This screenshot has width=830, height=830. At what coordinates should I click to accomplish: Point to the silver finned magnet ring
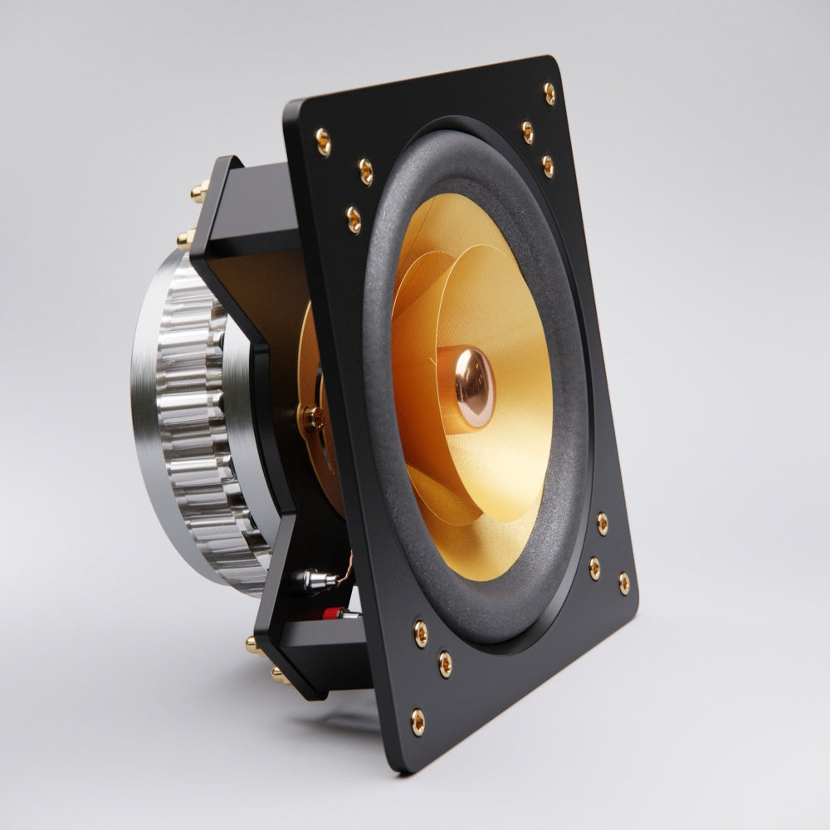(195, 432)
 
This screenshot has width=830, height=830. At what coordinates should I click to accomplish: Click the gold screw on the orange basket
(314, 417)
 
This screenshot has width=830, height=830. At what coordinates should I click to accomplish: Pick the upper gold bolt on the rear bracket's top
(200, 192)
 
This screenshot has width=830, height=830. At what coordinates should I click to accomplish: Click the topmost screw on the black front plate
(549, 92)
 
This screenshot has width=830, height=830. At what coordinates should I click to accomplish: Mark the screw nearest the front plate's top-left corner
(323, 141)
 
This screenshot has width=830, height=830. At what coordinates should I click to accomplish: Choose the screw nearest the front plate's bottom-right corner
(623, 583)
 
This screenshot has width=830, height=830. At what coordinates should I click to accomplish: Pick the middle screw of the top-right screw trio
(527, 131)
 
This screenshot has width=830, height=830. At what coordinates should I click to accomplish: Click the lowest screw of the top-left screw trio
(354, 220)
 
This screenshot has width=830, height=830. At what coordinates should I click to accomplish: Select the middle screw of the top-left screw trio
(365, 171)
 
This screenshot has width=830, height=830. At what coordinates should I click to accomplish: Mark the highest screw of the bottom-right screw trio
(602, 523)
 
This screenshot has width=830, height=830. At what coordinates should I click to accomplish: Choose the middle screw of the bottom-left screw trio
(446, 662)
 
